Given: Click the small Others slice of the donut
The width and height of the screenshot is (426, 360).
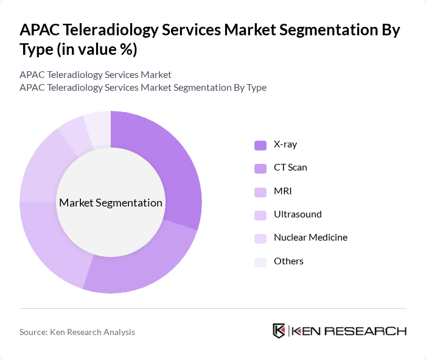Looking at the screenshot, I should (x=98, y=127).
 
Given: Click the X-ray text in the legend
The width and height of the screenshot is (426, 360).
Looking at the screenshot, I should (x=285, y=144).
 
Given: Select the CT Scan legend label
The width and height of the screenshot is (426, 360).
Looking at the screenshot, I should (x=290, y=168).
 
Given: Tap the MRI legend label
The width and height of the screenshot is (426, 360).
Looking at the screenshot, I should (x=282, y=191).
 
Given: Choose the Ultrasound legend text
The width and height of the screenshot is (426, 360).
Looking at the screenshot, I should (x=298, y=214).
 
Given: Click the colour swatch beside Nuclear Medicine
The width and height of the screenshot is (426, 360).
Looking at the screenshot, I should (x=260, y=238).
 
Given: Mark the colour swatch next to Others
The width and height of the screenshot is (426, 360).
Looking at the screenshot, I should (x=260, y=262).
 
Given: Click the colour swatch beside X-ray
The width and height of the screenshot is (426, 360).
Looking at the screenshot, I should (x=260, y=145).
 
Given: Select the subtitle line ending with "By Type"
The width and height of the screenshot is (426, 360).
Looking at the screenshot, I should (x=142, y=87).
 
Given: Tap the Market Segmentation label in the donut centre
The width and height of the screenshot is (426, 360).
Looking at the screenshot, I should (x=110, y=202).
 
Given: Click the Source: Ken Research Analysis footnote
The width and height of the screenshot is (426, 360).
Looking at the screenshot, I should (x=77, y=332).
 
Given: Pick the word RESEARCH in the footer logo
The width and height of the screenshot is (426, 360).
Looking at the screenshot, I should (x=372, y=331).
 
